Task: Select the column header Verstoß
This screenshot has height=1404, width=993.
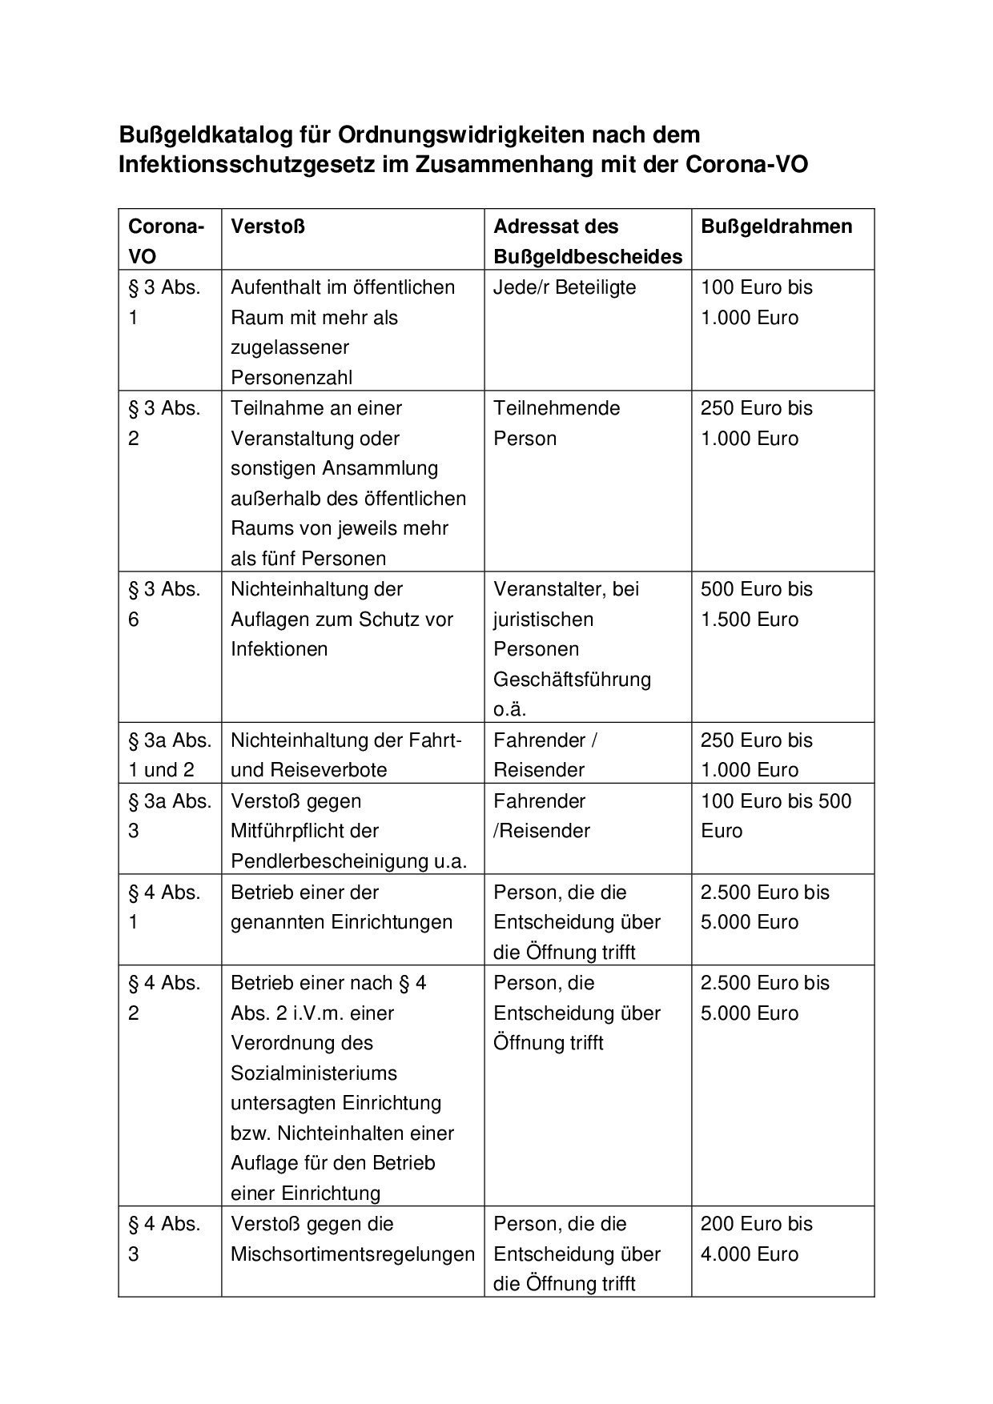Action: (x=267, y=227)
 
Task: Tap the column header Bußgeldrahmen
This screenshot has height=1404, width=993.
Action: (x=776, y=227)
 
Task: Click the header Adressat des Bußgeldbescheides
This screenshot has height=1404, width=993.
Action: (x=587, y=241)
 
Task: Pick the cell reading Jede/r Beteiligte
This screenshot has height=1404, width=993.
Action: (x=565, y=287)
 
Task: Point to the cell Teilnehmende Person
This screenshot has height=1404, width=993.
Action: (x=557, y=423)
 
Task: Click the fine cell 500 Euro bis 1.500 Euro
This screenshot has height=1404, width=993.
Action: (x=756, y=604)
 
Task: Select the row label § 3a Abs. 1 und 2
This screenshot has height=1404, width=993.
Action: (x=169, y=755)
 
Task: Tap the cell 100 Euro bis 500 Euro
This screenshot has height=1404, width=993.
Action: (x=775, y=816)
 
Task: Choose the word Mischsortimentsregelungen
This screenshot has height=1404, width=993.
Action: (x=352, y=1254)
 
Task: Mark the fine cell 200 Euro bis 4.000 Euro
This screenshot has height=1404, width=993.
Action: (x=756, y=1239)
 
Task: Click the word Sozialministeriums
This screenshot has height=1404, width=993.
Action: (x=313, y=1073)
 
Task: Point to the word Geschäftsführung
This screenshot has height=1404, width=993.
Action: (x=572, y=680)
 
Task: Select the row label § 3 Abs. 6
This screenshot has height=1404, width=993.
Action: (x=164, y=604)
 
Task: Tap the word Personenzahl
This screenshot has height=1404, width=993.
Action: (x=291, y=378)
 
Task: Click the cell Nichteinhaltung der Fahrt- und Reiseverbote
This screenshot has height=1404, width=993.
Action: (x=347, y=755)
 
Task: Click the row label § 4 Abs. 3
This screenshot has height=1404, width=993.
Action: (x=164, y=1239)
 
